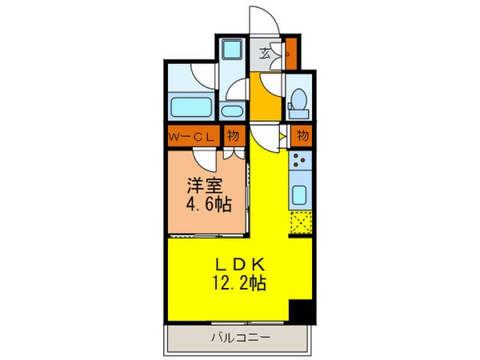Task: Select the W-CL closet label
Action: [x=190, y=137]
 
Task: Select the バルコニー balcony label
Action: [x=240, y=338]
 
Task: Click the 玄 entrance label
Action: [x=264, y=55]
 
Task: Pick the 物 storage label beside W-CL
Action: [x=233, y=137]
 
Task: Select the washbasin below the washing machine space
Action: [x=233, y=110]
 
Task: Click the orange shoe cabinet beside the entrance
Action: [x=292, y=54]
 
